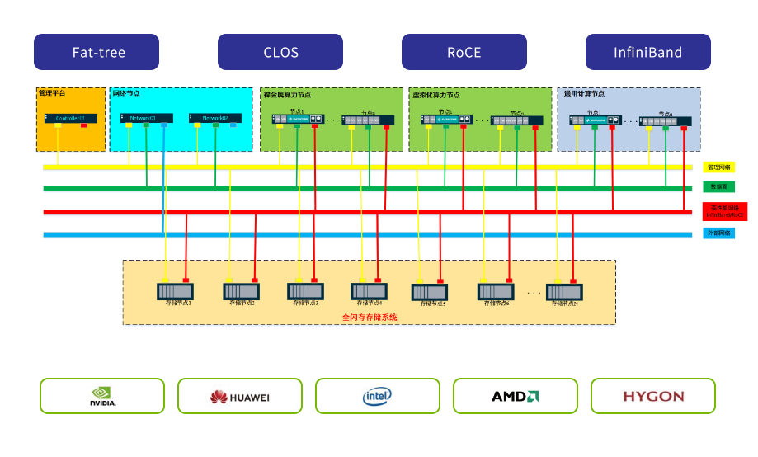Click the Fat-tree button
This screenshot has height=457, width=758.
pos(96,52)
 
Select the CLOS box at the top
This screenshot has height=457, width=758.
pos(280,52)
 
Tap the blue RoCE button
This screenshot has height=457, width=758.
pos(464,52)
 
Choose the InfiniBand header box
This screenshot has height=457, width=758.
pos(647,52)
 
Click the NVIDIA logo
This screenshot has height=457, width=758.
pos(102,396)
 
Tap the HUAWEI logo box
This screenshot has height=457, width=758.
pos(239,396)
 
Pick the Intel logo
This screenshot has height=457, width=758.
pos(377,396)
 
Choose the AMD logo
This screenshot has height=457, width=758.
pos(515,396)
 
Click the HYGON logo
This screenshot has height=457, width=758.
pos(652,396)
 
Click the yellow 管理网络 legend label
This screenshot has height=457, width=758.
pos(718,167)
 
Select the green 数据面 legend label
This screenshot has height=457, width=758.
pos(718,188)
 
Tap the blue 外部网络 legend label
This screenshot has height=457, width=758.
pos(718,233)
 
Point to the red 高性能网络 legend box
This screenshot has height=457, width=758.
pos(724,211)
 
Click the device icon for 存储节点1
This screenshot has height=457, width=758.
pos(174,291)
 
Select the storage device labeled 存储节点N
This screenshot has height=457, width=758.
pos(564,292)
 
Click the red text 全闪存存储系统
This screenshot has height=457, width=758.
pos(369,317)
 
